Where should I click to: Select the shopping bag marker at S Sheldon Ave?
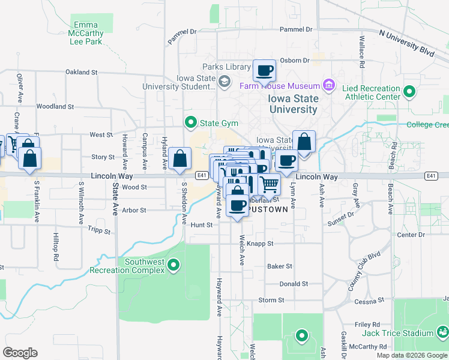[180, 159]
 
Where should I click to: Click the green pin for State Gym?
[191, 123]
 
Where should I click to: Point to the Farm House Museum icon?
[328, 86]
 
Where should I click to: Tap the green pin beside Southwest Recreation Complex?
[173, 265]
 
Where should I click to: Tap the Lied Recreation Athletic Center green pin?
[409, 92]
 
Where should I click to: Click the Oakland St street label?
[82, 72]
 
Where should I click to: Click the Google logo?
[20, 352]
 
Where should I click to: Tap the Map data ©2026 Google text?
[411, 355]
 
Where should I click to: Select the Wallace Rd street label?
[363, 50]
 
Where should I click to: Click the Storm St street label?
[271, 300]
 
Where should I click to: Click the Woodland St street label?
[55, 107]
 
